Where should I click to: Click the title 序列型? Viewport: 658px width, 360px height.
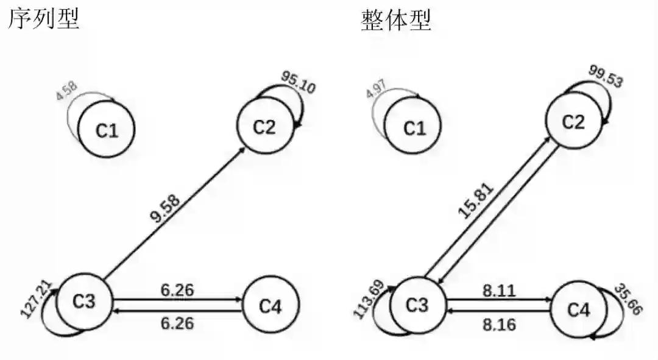coord(43,19)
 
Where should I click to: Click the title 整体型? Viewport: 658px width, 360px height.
coord(395,19)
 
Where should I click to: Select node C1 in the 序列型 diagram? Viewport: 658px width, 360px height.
coord(106,130)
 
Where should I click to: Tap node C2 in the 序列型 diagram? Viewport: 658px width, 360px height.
coord(264,127)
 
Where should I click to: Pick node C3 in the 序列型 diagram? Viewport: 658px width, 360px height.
coord(85,302)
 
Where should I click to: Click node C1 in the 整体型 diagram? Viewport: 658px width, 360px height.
coord(415,129)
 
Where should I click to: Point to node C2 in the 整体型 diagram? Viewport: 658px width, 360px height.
coord(573,122)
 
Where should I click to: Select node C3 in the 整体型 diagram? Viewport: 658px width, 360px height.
coord(417,305)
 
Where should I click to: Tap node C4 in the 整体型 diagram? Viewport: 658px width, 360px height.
coord(579,309)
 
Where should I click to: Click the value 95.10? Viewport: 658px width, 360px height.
coord(299,82)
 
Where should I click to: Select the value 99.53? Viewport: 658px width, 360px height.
coord(606,76)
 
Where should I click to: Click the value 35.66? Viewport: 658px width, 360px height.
coord(628,298)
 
